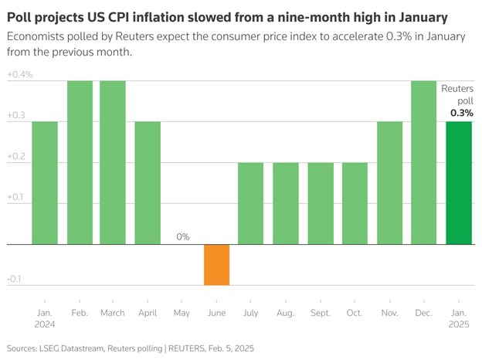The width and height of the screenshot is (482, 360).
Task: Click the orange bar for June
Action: click(217, 264)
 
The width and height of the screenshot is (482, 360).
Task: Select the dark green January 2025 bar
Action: click(459, 183)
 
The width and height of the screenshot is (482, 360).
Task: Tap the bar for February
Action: click(79, 162)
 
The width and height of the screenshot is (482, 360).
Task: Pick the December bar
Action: click(424, 162)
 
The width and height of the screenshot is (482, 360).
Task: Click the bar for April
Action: click(148, 183)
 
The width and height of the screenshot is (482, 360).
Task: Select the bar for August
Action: click(286, 203)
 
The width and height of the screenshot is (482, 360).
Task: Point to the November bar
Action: click(390, 183)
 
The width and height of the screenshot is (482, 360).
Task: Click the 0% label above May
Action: click(182, 236)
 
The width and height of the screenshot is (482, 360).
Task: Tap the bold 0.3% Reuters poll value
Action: click(462, 113)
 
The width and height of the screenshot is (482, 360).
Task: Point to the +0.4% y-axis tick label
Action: click(19, 75)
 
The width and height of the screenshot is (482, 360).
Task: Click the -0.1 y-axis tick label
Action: click(15, 279)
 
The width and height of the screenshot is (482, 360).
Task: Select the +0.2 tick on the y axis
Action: click(17, 157)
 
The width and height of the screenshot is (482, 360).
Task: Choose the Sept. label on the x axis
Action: click(321, 314)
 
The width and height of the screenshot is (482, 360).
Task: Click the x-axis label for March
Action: click(113, 314)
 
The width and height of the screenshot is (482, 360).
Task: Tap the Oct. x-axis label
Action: click(355, 314)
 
